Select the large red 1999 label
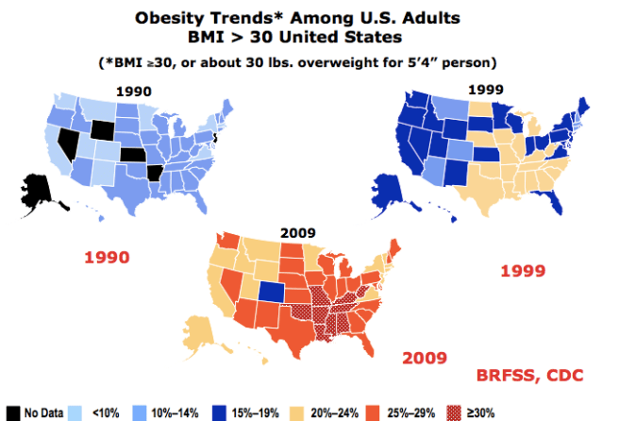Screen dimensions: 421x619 (x=522, y=271)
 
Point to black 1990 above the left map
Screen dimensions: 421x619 (x=134, y=92)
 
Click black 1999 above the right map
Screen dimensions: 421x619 (x=488, y=90)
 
